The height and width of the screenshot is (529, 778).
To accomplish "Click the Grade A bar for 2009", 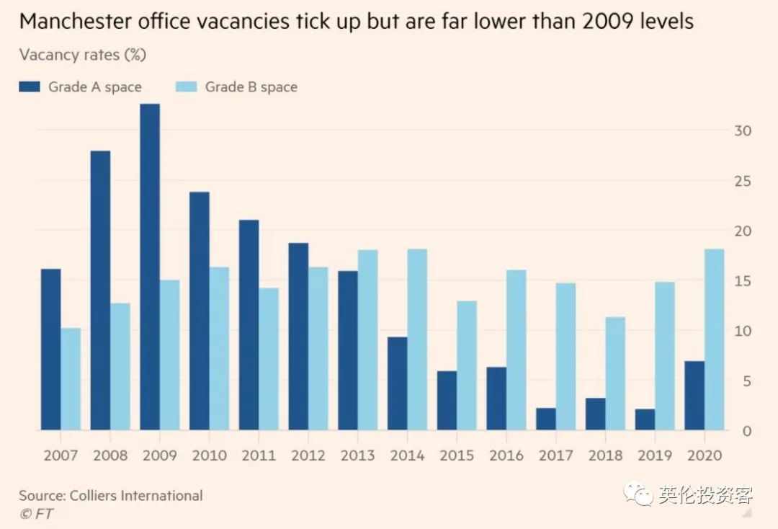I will click(x=150, y=267).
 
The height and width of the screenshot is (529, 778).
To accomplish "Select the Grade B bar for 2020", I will click(x=715, y=339).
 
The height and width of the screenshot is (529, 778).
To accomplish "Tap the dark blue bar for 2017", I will click(x=546, y=419).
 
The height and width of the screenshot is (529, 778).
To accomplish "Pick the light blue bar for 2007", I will click(x=71, y=379).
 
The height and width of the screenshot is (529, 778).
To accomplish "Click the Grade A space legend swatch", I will click(x=29, y=87).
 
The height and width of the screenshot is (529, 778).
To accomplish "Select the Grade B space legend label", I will click(x=251, y=87).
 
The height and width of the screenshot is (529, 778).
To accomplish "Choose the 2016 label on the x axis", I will click(x=506, y=455).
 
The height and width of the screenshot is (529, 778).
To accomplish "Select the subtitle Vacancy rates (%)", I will click(x=83, y=55).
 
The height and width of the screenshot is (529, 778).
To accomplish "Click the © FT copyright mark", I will click(x=36, y=514).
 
